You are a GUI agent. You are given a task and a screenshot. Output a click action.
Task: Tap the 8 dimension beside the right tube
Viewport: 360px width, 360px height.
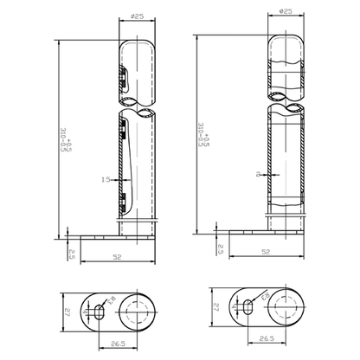pyautogui.click(x=258, y=174)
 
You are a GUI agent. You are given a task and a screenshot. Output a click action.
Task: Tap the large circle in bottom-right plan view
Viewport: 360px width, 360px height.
pyautogui.click(x=286, y=305)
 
